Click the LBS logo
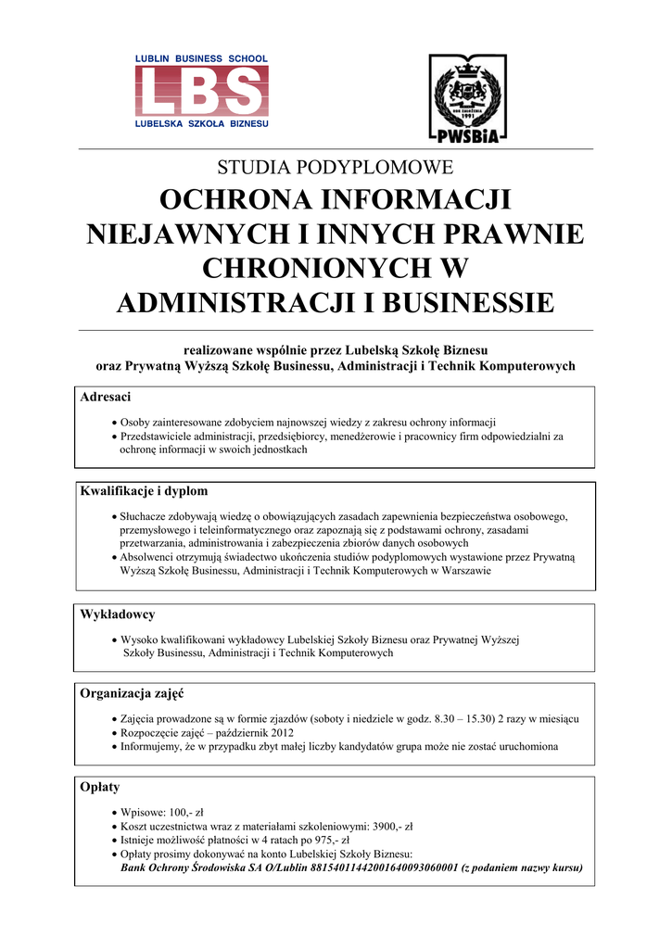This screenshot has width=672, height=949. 200,91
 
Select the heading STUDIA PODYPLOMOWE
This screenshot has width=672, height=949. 335,168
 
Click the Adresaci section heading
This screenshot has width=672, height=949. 106,398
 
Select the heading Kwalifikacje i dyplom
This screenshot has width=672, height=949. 144,491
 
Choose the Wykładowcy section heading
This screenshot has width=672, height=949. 118,614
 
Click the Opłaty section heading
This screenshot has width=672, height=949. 100,787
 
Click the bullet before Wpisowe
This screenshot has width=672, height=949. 113,811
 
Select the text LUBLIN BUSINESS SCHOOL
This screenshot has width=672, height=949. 201,58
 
